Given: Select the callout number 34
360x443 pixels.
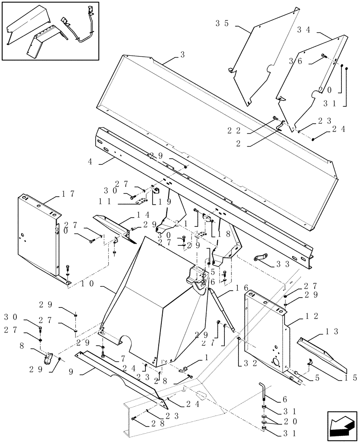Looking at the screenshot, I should point(304,30).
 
